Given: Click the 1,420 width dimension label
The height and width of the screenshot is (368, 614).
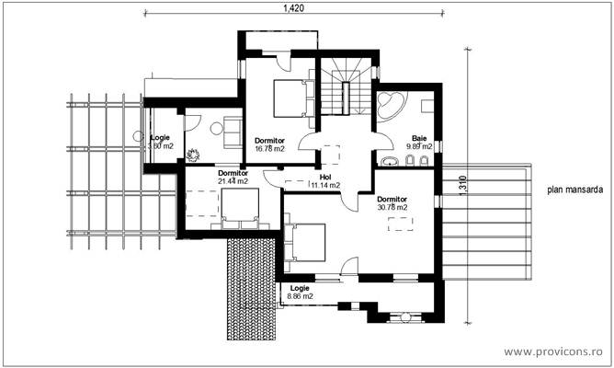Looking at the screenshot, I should coord(292,7).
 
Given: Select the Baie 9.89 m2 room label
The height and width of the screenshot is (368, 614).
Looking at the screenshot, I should coord(419,142).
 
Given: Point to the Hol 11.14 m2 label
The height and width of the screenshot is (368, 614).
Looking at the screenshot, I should coord(324,181).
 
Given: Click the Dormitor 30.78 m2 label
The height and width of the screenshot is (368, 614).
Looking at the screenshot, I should coord(392,202).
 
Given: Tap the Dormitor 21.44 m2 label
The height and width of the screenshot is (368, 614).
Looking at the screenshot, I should coord(233,177).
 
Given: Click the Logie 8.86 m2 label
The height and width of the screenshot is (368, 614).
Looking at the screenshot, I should coord(300,293).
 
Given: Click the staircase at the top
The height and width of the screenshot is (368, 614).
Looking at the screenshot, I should coord(347,87).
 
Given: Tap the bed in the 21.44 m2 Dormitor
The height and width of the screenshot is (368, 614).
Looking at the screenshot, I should coord(240,215).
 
